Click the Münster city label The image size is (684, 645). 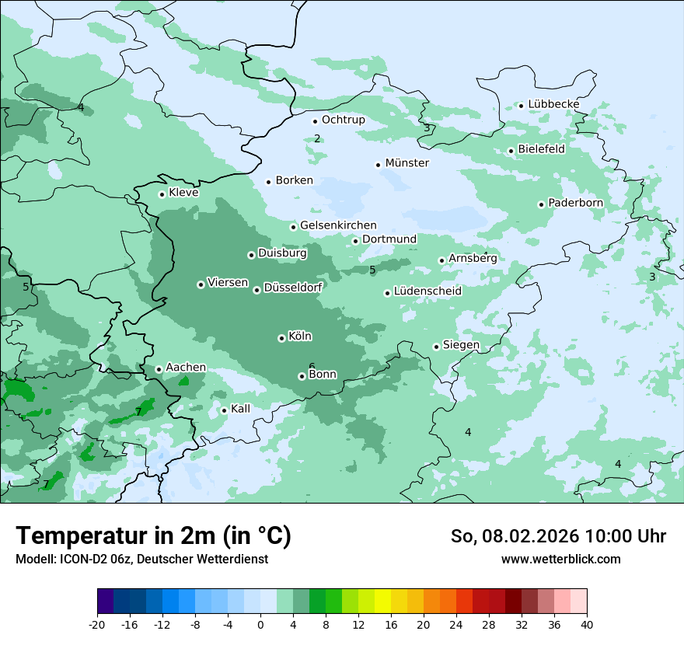(x=407, y=163)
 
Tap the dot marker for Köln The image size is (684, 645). (x=281, y=338)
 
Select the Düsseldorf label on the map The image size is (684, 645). (x=293, y=288)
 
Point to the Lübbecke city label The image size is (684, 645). (x=553, y=104)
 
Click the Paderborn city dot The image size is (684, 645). (x=541, y=204)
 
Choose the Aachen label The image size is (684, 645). (x=186, y=368)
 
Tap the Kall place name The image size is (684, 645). (x=241, y=409)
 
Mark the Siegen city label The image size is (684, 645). (x=461, y=345)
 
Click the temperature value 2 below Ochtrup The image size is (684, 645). (x=317, y=138)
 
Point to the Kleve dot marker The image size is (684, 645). (x=162, y=194)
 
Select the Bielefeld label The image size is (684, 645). (x=541, y=148)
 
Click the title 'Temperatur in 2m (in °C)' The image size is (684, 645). (x=153, y=536)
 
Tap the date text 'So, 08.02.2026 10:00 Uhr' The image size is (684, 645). (x=558, y=536)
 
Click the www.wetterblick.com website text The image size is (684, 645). (x=560, y=559)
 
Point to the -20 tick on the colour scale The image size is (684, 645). (x=97, y=624)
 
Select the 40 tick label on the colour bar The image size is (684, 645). (x=587, y=624)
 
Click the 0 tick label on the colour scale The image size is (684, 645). (x=260, y=624)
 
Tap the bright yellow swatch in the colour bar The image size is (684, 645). (x=382, y=601)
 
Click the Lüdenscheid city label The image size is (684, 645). (x=427, y=291)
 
